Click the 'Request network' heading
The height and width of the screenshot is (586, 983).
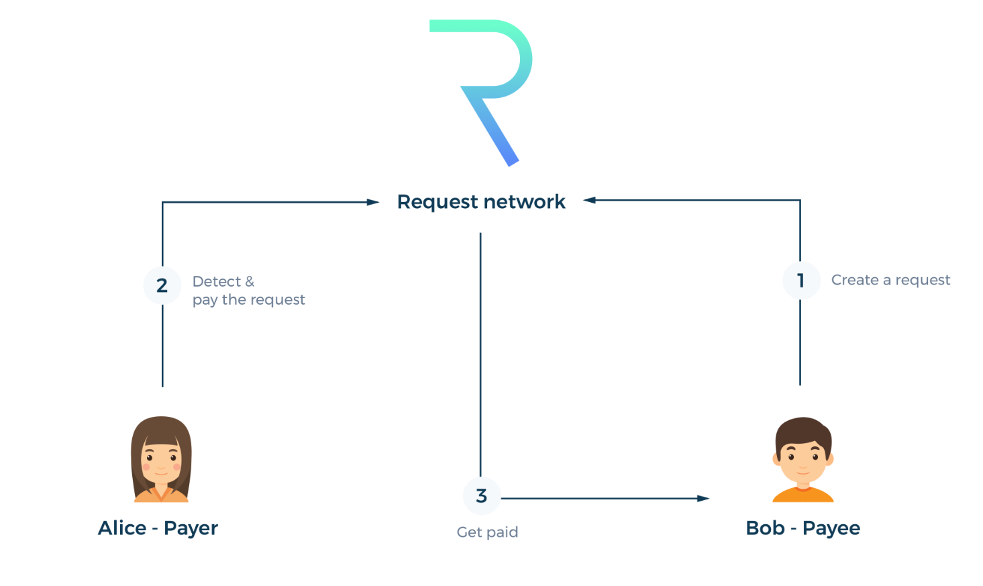pyautogui.click(x=481, y=202)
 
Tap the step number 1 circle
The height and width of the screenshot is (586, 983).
pyautogui.click(x=800, y=281)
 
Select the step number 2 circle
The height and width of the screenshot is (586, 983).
pyautogui.click(x=162, y=286)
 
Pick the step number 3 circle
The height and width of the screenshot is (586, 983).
pyautogui.click(x=481, y=496)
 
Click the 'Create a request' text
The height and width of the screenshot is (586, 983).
pyautogui.click(x=890, y=280)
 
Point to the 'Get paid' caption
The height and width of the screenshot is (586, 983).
pyautogui.click(x=487, y=532)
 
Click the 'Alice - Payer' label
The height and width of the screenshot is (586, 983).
pyautogui.click(x=158, y=528)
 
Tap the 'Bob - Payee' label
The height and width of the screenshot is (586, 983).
pyautogui.click(x=803, y=528)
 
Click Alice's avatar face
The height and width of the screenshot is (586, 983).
pyautogui.click(x=161, y=460)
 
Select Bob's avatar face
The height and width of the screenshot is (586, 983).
pyautogui.click(x=803, y=456)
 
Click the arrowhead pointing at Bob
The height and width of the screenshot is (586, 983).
pyautogui.click(x=703, y=499)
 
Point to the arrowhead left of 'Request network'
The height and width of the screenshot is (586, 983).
pyautogui.click(x=373, y=202)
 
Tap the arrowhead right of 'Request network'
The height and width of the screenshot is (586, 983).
pyautogui.click(x=590, y=200)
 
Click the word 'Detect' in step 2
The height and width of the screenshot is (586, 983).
pyautogui.click(x=216, y=281)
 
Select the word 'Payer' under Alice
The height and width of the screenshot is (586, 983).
pyautogui.click(x=191, y=528)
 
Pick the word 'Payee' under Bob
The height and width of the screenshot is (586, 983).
pyautogui.click(x=831, y=528)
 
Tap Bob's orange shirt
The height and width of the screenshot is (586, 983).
pyautogui.click(x=803, y=495)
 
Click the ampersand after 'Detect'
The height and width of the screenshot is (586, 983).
pyautogui.click(x=250, y=281)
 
